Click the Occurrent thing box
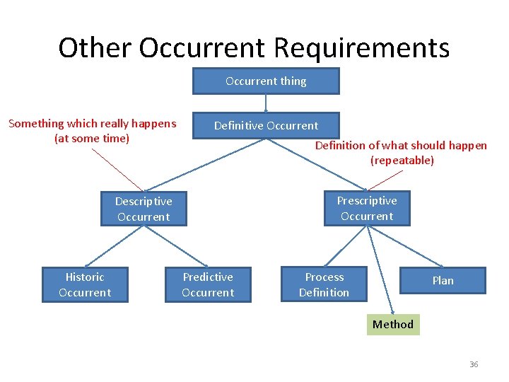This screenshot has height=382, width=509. (266, 81)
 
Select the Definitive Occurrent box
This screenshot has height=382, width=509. (266, 125)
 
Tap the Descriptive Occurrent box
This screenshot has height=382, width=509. (144, 209)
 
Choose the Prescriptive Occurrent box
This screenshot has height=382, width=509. (366, 208)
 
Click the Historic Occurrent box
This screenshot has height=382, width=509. (85, 284)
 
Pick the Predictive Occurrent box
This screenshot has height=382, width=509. (208, 284)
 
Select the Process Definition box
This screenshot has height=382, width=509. (324, 284)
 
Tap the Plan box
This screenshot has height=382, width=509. (443, 280)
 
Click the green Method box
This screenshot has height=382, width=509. (392, 324)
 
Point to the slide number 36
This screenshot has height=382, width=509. (474, 364)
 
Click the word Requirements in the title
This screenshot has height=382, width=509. (361, 48)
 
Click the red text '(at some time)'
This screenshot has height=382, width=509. (92, 138)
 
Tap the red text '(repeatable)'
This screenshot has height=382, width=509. (402, 160)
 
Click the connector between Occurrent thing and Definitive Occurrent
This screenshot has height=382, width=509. (266, 103)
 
